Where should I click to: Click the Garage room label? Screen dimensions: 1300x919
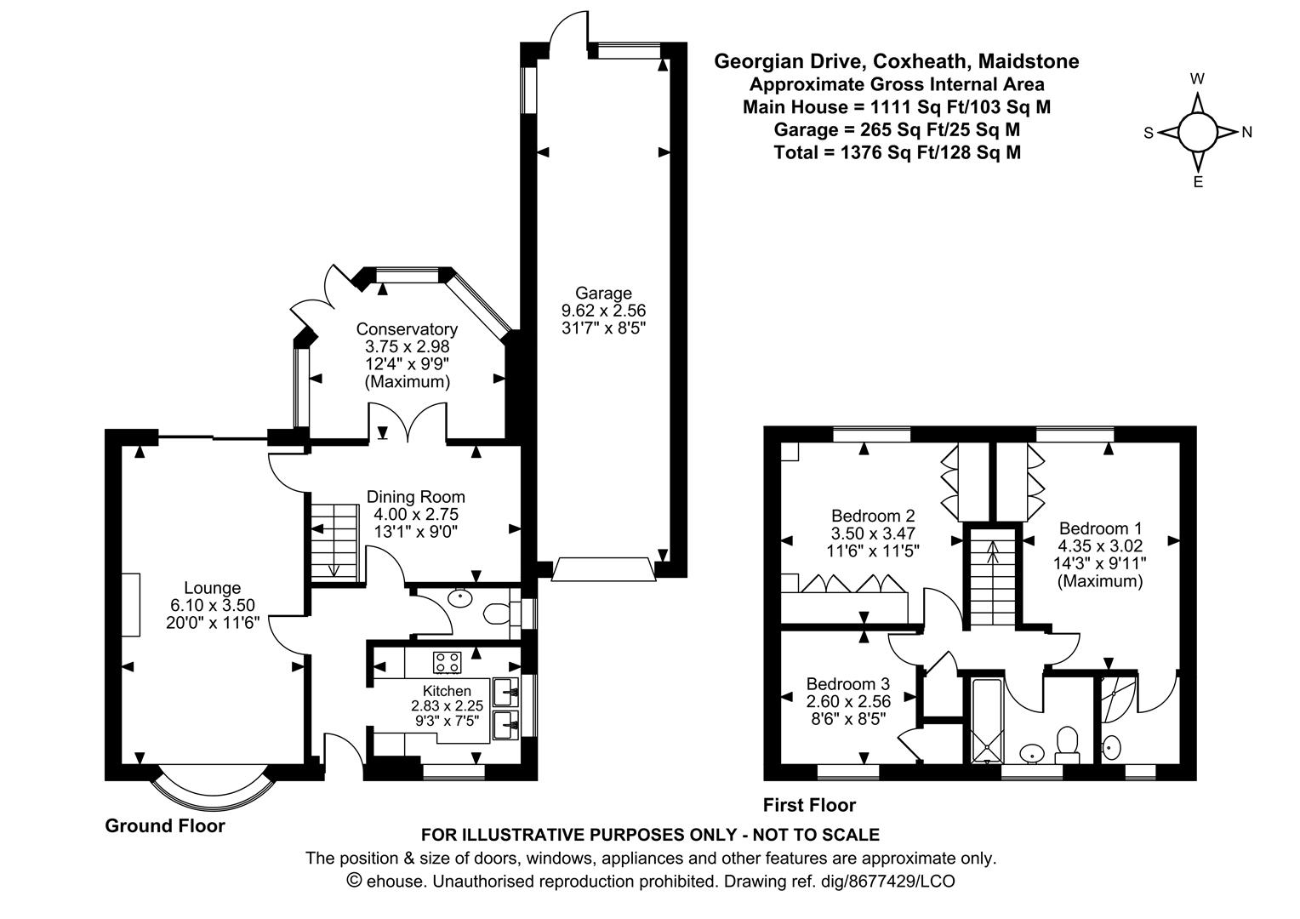pyautogui.click(x=603, y=293)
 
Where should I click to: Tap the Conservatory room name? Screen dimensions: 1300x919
pyautogui.click(x=407, y=329)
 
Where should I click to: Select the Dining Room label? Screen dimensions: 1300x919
pyautogui.click(x=415, y=497)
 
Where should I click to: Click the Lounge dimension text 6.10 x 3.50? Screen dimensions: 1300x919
pyautogui.click(x=213, y=606)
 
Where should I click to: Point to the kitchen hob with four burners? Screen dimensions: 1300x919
pyautogui.click(x=448, y=662)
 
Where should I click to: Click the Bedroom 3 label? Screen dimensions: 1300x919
pyautogui.click(x=848, y=684)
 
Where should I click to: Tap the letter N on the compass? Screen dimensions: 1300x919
pyautogui.click(x=1246, y=133)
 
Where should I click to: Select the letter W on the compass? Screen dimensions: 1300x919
pyautogui.click(x=1197, y=79)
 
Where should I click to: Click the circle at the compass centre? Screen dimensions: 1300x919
pyautogui.click(x=1197, y=133)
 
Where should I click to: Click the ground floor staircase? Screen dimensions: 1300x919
pyautogui.click(x=335, y=542)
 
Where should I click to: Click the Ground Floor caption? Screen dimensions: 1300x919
pyautogui.click(x=165, y=825)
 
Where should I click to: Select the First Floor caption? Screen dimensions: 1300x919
pyautogui.click(x=809, y=805)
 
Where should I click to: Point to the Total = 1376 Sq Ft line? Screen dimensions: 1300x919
pyautogui.click(x=898, y=152)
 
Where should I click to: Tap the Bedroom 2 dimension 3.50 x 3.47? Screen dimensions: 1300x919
pyautogui.click(x=873, y=534)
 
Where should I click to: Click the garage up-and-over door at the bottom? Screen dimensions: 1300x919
pyautogui.click(x=603, y=569)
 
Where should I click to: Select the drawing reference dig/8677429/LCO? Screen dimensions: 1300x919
pyautogui.click(x=887, y=882)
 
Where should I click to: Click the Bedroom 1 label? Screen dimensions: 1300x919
pyautogui.click(x=1100, y=528)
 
